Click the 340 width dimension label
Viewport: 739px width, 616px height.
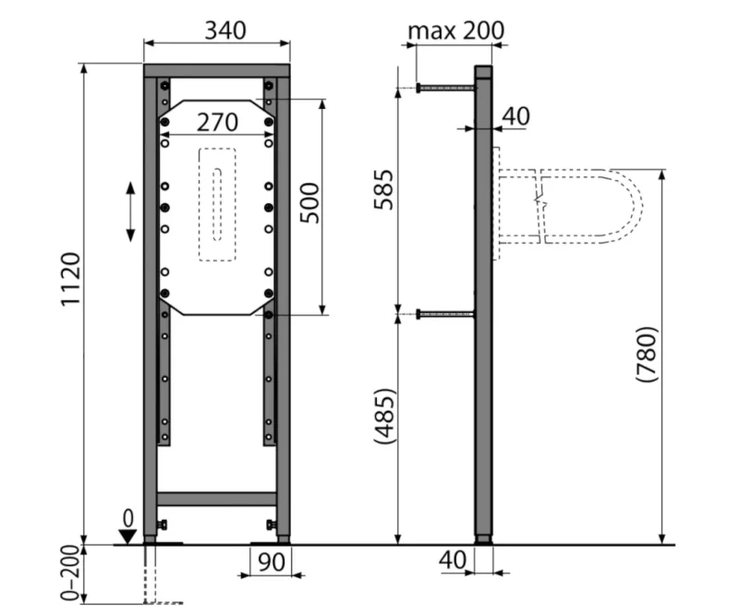225,30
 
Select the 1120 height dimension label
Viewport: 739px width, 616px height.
71,280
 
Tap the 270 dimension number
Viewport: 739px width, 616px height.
217,123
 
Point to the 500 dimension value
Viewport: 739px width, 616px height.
309,203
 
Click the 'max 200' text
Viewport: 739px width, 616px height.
455,31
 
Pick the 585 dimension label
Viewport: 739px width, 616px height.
383,189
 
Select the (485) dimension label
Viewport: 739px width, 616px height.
383,417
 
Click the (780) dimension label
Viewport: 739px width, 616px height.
646,354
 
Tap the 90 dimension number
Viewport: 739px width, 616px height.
272,562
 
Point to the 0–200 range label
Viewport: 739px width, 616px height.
71,574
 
